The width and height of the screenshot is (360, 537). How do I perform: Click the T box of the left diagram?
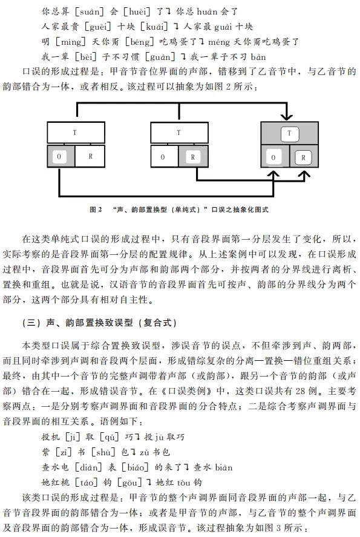click(x=76, y=133)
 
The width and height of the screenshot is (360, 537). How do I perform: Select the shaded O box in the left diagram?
click(x=61, y=156)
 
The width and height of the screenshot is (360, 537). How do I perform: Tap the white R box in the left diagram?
click(x=90, y=156)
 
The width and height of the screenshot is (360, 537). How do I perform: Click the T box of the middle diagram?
click(x=179, y=133)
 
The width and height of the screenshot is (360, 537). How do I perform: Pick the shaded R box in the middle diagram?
click(x=194, y=156)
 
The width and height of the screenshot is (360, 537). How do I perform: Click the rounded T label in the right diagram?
click(x=289, y=134)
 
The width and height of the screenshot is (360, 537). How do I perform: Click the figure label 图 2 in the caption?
click(x=96, y=209)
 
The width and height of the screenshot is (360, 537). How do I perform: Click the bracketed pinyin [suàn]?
click(x=90, y=12)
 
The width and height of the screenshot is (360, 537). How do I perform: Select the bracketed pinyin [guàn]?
click(x=160, y=57)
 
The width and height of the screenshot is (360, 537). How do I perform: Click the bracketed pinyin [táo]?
click(x=87, y=482)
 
